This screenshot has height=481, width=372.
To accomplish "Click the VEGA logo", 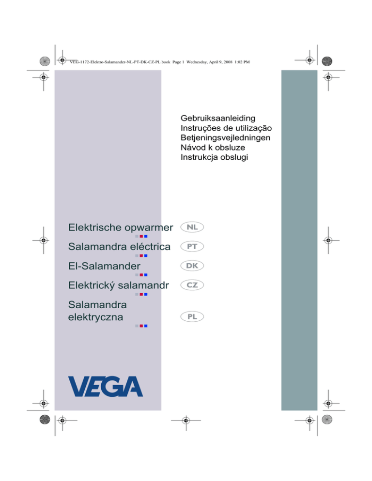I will click(x=106, y=386).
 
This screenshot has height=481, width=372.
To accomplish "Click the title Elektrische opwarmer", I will click(x=121, y=226).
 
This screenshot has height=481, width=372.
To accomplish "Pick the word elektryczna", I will click(x=95, y=317).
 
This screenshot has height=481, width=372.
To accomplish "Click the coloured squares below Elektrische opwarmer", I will click(x=141, y=236).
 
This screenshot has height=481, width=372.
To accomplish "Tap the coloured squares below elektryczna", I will click(x=141, y=327).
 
